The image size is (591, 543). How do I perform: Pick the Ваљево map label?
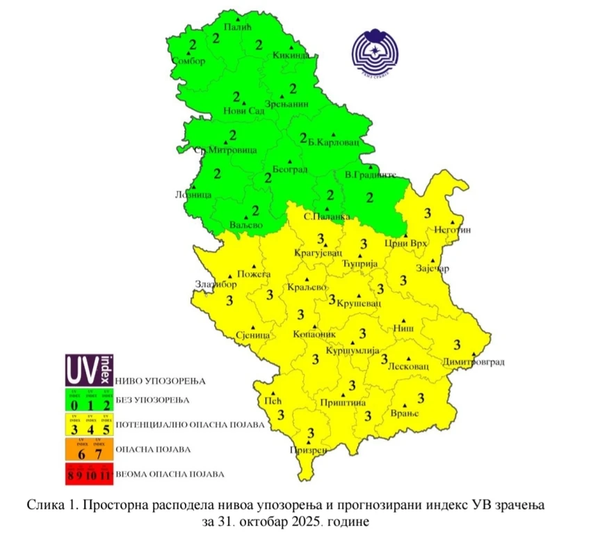pos(245,226)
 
